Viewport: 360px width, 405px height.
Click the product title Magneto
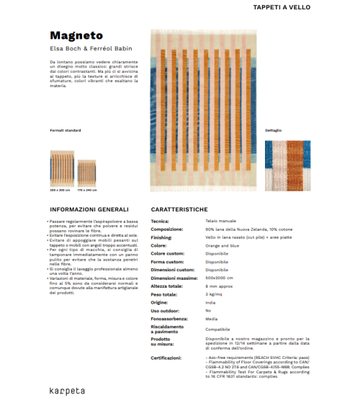click(76, 35)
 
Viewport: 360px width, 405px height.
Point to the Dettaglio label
click(273, 130)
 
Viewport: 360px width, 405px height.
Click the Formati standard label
click(66, 130)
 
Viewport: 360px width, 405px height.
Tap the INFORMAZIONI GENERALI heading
click(89, 209)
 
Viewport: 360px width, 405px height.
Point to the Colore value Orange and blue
click(223, 245)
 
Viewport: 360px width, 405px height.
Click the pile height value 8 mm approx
click(219, 286)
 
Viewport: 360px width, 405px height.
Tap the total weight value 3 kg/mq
click(215, 294)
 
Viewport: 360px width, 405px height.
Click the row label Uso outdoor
click(164, 310)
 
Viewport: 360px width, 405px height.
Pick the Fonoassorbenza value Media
click(211, 318)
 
